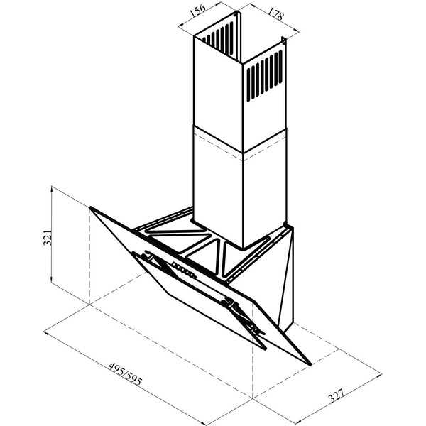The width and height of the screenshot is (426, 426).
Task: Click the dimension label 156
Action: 198,11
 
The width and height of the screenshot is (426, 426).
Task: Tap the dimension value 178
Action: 275,13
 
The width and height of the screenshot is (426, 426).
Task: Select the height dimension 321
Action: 48,237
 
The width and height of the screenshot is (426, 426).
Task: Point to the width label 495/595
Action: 125,373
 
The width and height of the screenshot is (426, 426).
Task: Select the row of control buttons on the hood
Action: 183,270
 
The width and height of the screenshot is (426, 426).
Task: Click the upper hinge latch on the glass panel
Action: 148,255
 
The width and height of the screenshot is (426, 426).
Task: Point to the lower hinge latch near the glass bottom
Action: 258,330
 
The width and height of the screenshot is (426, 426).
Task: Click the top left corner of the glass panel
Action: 90,207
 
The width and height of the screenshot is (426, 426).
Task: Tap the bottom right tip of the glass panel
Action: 310,364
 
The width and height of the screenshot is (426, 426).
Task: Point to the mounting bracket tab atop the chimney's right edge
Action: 284,40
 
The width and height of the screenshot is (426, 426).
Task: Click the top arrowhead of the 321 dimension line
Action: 52,188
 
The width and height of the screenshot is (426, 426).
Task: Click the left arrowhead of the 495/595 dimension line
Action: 45,332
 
